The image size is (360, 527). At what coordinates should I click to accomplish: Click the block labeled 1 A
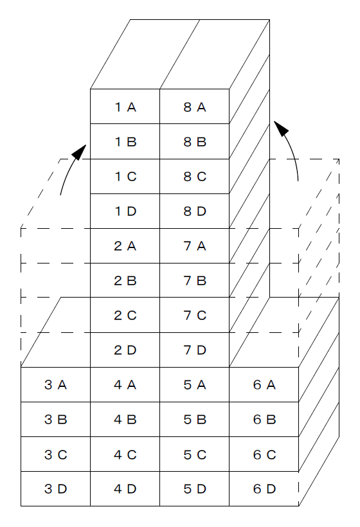pos(125,107)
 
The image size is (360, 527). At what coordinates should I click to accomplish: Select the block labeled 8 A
pos(195,107)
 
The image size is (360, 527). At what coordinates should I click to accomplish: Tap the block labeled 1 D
pos(125,211)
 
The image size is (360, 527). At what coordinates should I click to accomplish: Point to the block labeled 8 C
pos(195,177)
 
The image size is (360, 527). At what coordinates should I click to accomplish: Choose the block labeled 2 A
pos(125,246)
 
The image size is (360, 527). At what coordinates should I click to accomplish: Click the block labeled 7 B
pos(195,280)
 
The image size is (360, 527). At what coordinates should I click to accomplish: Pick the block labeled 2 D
pos(125,350)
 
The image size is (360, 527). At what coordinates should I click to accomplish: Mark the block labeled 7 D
pos(195,350)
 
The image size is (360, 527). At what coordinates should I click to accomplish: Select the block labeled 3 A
pos(55,385)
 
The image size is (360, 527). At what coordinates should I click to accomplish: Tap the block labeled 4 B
pos(125,420)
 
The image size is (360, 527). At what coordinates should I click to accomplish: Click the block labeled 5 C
pos(195,454)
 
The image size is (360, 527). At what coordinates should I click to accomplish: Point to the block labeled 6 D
pos(264,488)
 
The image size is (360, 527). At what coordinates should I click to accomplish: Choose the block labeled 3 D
pos(55,488)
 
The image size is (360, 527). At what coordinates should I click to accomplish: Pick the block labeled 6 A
pos(264,385)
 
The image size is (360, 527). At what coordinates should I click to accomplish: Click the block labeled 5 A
pos(195,385)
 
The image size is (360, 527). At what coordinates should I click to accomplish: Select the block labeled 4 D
pos(125,488)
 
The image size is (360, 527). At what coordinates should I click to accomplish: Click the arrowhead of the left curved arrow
pos(80,152)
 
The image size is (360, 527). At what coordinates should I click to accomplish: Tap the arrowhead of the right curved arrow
pos(281,128)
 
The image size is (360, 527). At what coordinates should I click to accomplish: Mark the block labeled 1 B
pos(125,141)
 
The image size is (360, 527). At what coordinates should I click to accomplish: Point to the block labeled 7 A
pos(195,246)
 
